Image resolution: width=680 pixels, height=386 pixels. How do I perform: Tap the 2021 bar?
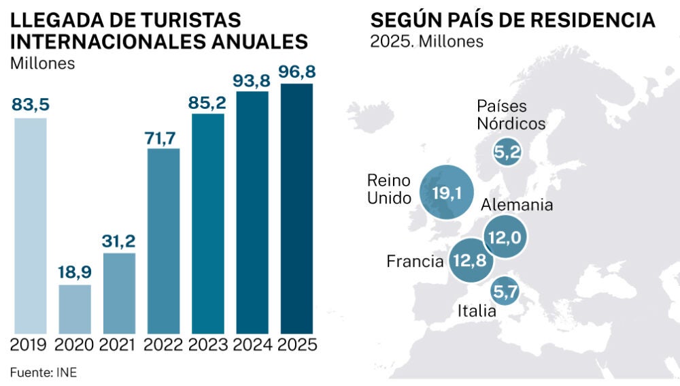click(x=119, y=293)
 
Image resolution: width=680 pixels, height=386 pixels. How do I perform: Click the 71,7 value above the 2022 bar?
click(x=163, y=136)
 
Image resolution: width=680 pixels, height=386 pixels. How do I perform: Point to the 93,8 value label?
click(x=252, y=80)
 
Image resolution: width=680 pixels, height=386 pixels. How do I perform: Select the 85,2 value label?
click(x=208, y=102)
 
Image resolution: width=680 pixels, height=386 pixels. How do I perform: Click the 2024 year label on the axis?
click(x=252, y=344)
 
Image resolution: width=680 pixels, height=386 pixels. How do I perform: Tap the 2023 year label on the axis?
click(x=208, y=344)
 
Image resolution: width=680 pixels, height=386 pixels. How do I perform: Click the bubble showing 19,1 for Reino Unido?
click(x=447, y=193)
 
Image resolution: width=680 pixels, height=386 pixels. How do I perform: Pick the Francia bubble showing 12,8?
click(x=471, y=261)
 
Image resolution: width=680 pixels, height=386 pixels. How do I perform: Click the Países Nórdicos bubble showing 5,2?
click(x=508, y=153)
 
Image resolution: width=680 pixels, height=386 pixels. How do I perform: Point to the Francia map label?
click(x=415, y=261)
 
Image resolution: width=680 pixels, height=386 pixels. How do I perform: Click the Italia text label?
click(x=477, y=312)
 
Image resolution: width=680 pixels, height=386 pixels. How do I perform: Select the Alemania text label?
click(x=517, y=205)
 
